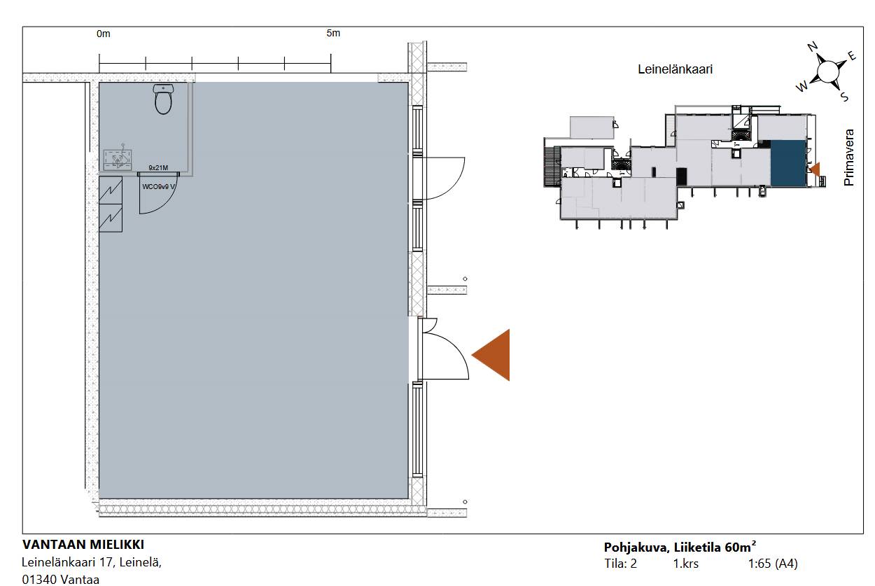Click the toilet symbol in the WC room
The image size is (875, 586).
coord(163,99)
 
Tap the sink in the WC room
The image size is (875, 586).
coord(117,160)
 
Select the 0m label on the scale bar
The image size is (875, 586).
coord(104,34)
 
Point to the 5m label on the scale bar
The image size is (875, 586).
coord(333,33)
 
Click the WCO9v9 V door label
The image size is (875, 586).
coord(158,187)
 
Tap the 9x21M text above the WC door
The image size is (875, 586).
coord(158,167)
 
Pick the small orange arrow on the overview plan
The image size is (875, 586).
coord(815,169)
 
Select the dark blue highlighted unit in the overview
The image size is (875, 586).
coord(788,163)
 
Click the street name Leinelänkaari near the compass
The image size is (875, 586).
coord(675,69)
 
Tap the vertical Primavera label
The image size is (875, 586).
coord(849,158)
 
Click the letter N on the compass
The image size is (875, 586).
coord(813,47)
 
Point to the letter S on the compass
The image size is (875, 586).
coord(844,97)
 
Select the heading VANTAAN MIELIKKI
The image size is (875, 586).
coord(83,544)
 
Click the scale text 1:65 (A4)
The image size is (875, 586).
coord(773,564)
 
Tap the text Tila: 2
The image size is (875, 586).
coord(621,564)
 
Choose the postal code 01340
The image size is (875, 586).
coord(39,580)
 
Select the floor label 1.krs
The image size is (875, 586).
coord(685,564)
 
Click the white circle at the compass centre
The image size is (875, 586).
coord(828,72)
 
